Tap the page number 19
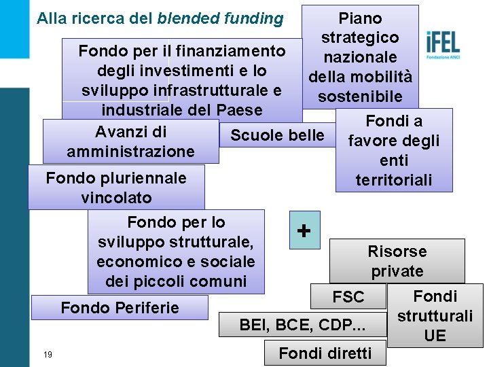coord(48,354)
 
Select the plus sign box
coord(304,230)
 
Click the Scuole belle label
coord(277,135)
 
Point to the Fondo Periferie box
coord(120,308)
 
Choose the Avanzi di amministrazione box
coord(130,141)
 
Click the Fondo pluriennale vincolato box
coord(116,188)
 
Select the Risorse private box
coord(397,261)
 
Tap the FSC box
coord(348,297)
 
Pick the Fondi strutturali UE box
coord(435,316)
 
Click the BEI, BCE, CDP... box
coord(302,326)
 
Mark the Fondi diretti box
coord(325,353)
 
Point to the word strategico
coord(359,37)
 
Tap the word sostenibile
coord(360,97)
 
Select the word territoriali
coord(394,180)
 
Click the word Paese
coord(240,110)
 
